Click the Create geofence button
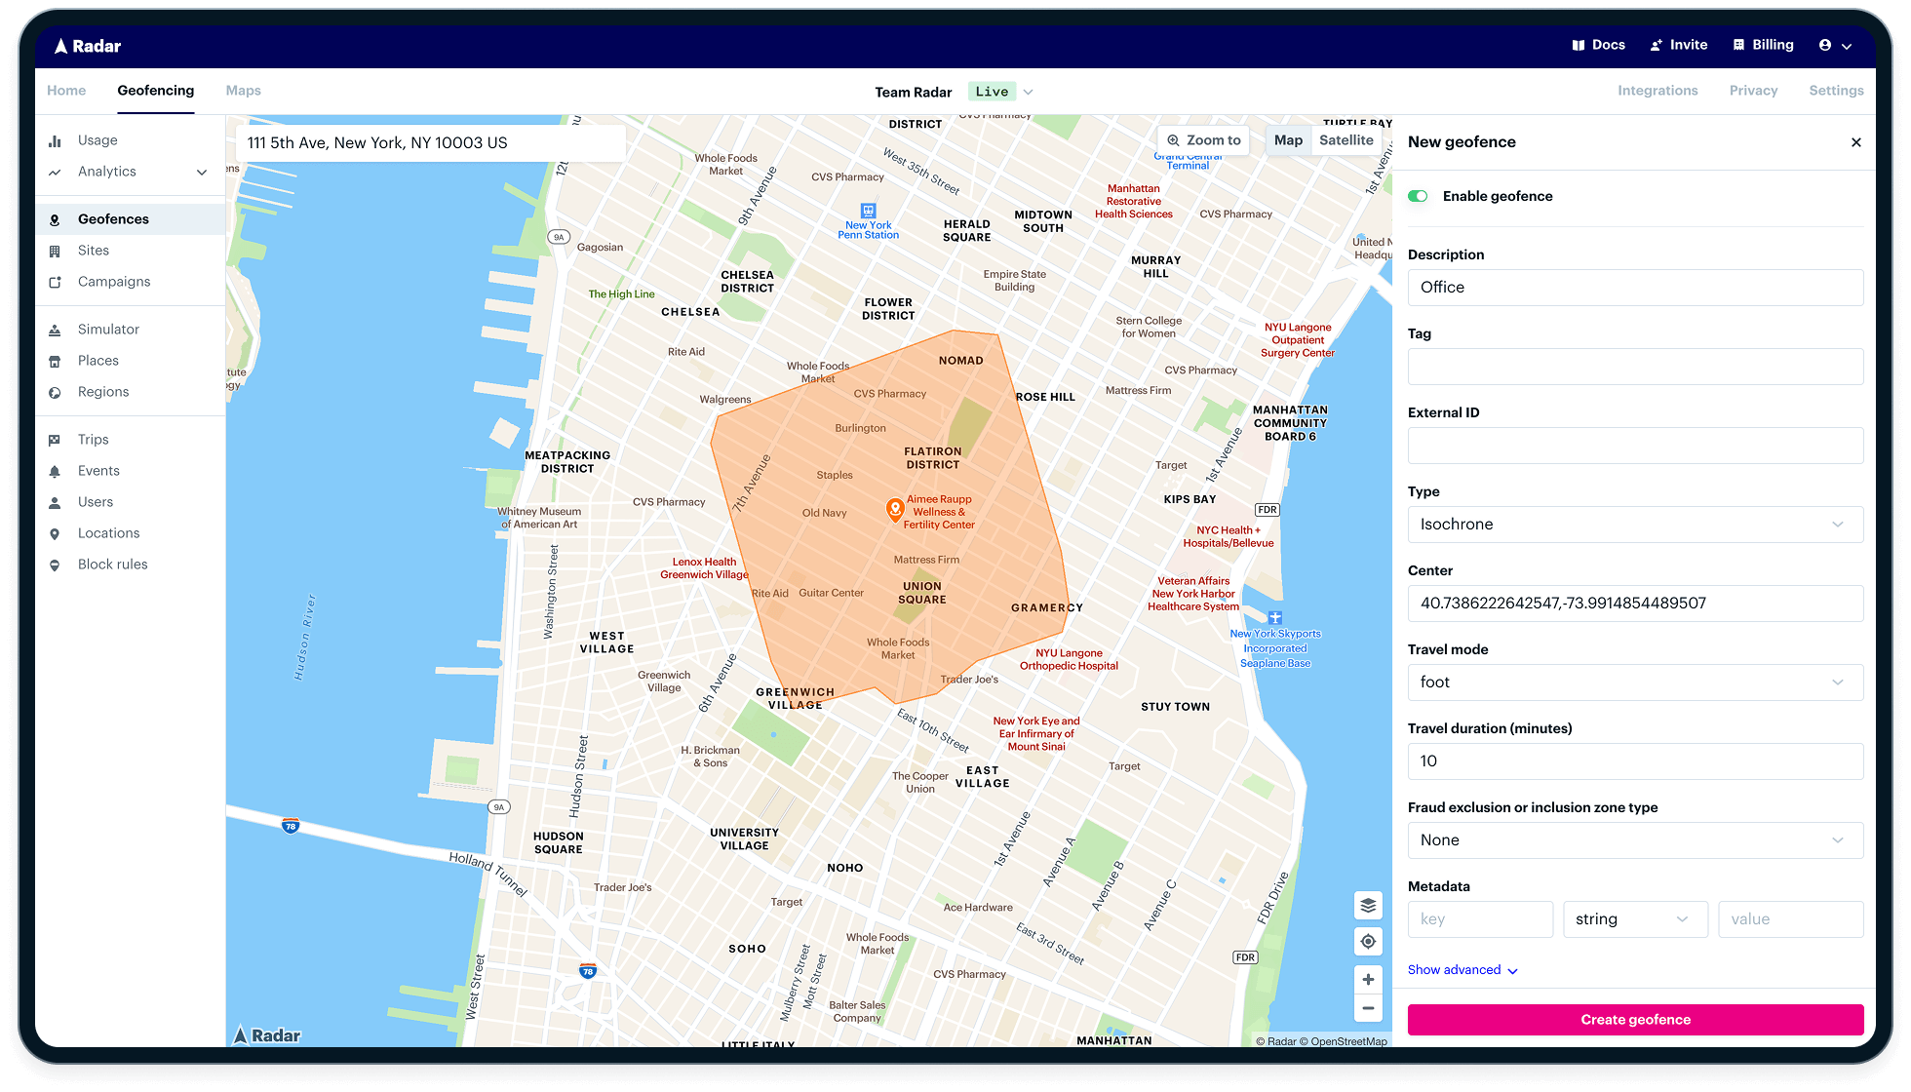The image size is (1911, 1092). pyautogui.click(x=1635, y=1020)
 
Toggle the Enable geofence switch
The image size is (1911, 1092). pyautogui.click(x=1418, y=196)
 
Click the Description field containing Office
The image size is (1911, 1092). pyautogui.click(x=1635, y=288)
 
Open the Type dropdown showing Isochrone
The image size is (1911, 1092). pyautogui.click(x=1635, y=525)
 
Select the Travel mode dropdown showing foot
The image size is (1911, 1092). pyautogui.click(x=1635, y=682)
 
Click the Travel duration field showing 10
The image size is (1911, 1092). pyautogui.click(x=1635, y=761)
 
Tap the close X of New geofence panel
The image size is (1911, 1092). pyautogui.click(x=1855, y=142)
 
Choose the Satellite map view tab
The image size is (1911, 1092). pyautogui.click(x=1345, y=140)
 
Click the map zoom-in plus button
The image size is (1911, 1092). pyautogui.click(x=1368, y=979)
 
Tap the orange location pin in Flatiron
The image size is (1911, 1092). pyautogui.click(x=894, y=509)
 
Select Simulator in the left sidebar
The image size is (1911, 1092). pyautogui.click(x=108, y=330)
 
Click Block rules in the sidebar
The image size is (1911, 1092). pyautogui.click(x=112, y=565)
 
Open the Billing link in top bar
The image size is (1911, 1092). pyautogui.click(x=1763, y=45)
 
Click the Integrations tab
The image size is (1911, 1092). pyautogui.click(x=1657, y=91)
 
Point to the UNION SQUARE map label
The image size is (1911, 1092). pyautogui.click(x=921, y=593)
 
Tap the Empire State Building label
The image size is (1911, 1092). pyautogui.click(x=1014, y=281)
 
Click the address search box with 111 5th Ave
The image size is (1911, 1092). pyautogui.click(x=430, y=143)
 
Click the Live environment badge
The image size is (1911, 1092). pyautogui.click(x=992, y=92)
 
